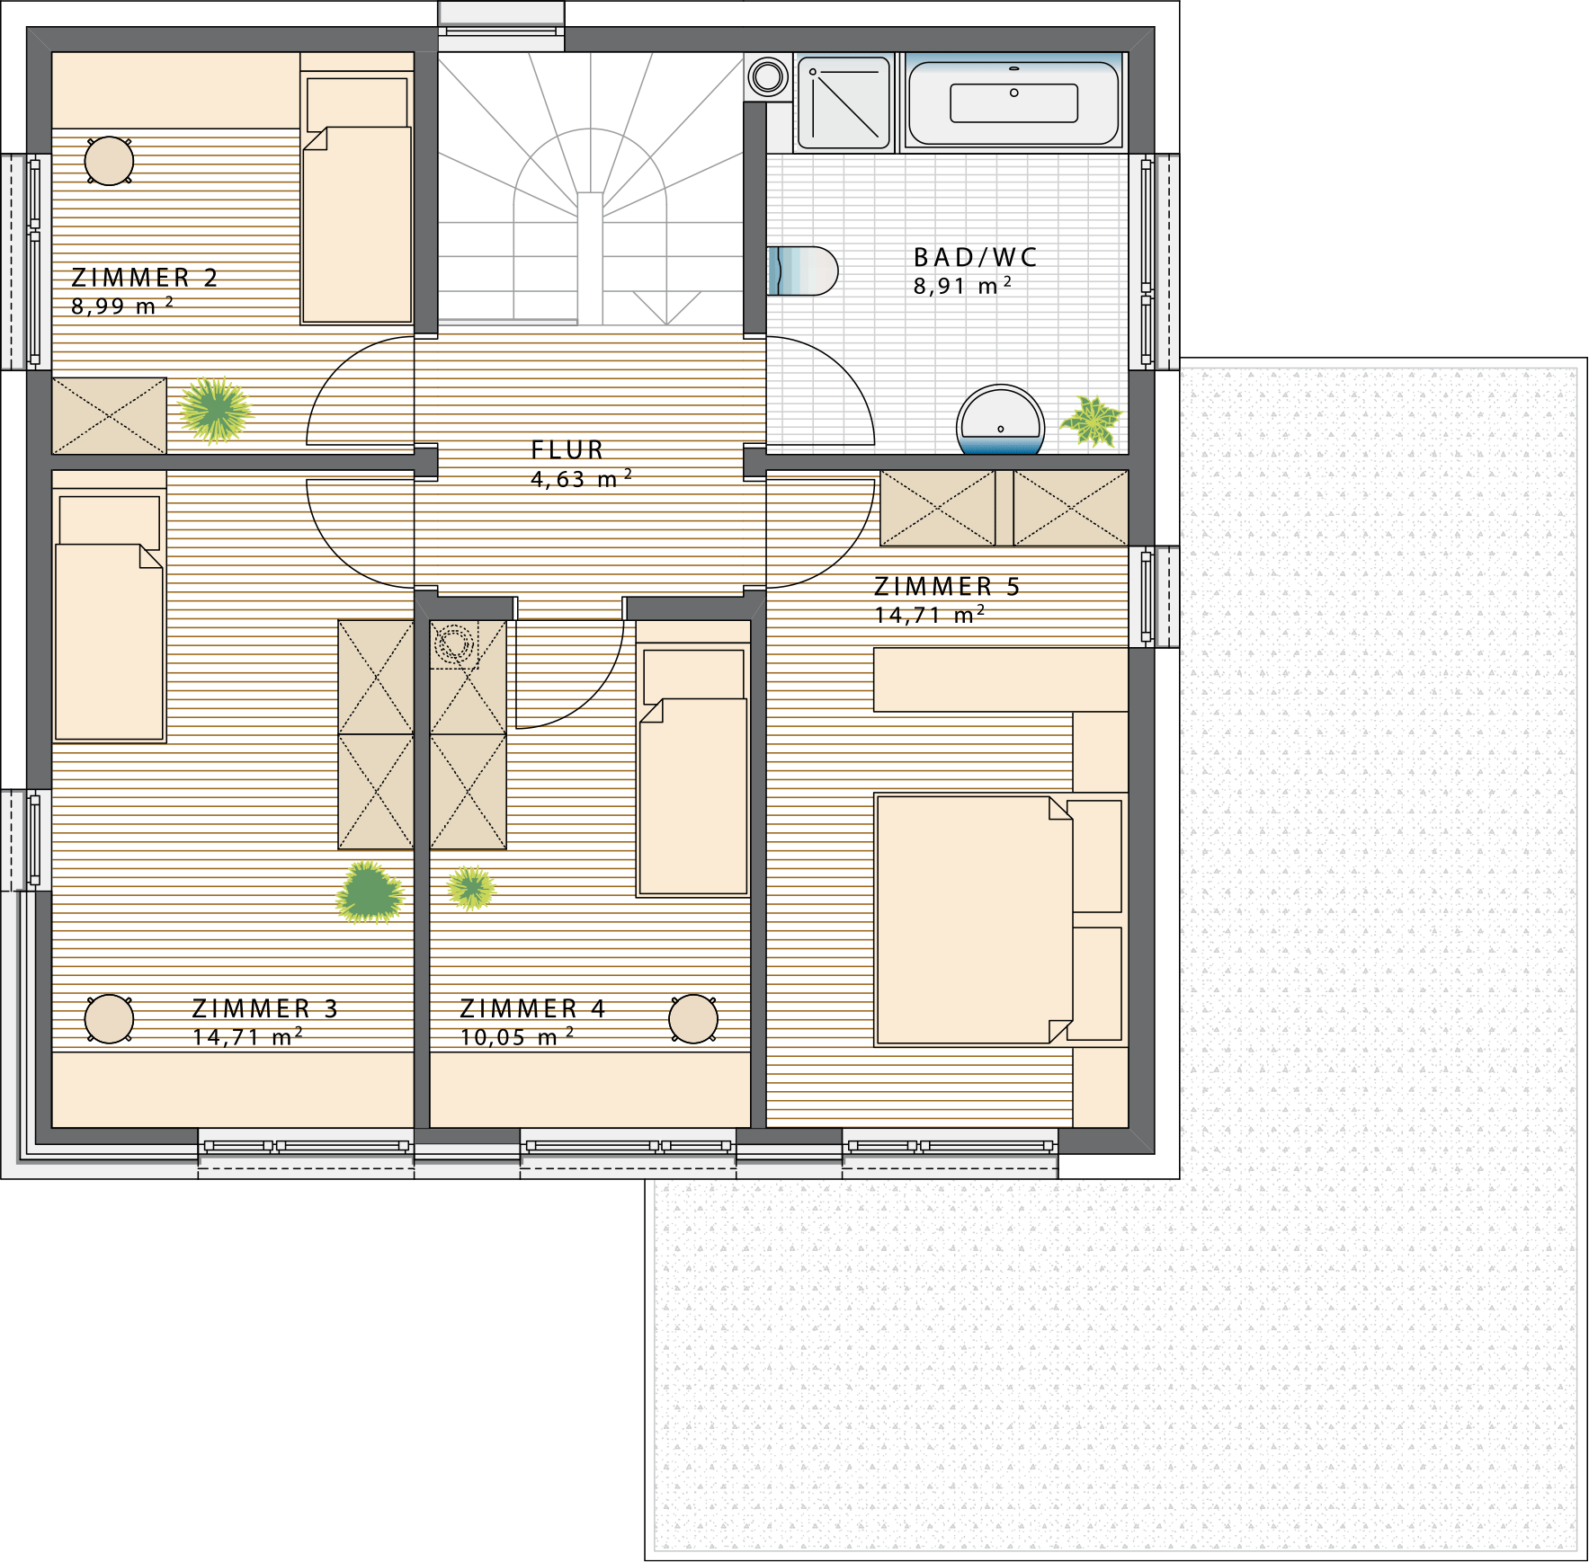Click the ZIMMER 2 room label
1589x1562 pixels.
click(x=145, y=278)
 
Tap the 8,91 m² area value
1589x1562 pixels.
click(x=962, y=286)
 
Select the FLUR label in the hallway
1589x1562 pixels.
click(x=567, y=449)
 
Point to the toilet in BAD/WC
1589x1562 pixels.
click(x=802, y=271)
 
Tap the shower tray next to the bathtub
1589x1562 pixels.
click(x=844, y=102)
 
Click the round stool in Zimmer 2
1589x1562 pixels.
click(x=109, y=161)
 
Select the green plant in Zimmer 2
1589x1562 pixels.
click(x=215, y=410)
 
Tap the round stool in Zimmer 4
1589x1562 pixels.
click(x=693, y=1019)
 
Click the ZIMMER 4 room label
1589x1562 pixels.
click(x=532, y=1008)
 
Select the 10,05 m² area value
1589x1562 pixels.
click(x=516, y=1036)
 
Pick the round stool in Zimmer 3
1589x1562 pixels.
click(x=109, y=1019)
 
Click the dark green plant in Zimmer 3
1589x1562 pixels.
click(x=370, y=892)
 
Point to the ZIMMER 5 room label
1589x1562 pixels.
click(x=948, y=587)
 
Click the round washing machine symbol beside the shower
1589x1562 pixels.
click(x=768, y=76)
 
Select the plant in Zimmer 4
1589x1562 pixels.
click(x=471, y=888)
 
